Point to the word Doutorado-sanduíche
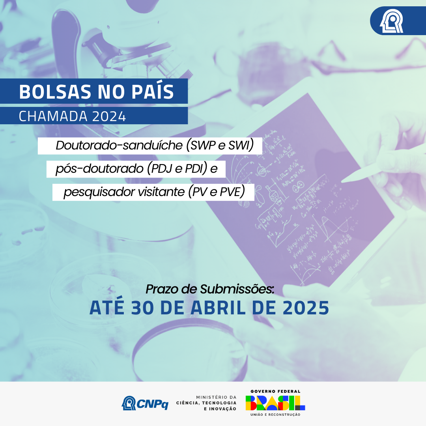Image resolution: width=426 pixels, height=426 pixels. [x=119, y=146]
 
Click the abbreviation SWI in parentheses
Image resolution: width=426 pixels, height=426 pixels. [x=241, y=146]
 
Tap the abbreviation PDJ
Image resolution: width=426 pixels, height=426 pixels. [x=162, y=169]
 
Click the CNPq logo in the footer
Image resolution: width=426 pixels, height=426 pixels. [x=145, y=403]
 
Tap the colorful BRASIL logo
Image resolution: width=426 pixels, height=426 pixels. [x=275, y=403]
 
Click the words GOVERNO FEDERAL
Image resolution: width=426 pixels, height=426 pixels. [x=275, y=391]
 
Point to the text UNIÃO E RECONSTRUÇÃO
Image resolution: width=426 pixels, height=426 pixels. [x=275, y=415]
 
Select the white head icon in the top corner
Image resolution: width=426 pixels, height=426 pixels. [x=392, y=21]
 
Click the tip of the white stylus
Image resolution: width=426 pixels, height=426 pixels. [x=342, y=181]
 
